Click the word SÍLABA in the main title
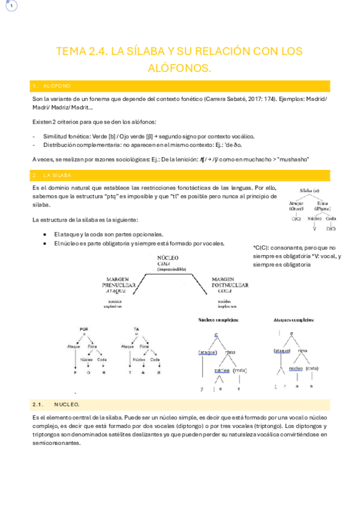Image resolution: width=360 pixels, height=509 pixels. pos(142,52)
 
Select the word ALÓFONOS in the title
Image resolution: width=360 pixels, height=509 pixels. pos(180,68)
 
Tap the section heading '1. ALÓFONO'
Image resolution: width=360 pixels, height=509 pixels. pos(57,86)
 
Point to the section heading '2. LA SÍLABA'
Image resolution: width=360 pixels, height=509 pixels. pos(58,175)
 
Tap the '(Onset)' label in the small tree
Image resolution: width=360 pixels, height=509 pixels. pos(296,209)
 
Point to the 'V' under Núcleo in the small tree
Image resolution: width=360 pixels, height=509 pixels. pos(314,229)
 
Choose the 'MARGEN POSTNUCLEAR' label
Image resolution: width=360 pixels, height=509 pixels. pos(230,282)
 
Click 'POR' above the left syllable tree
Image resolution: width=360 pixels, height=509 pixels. pos(84,329)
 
